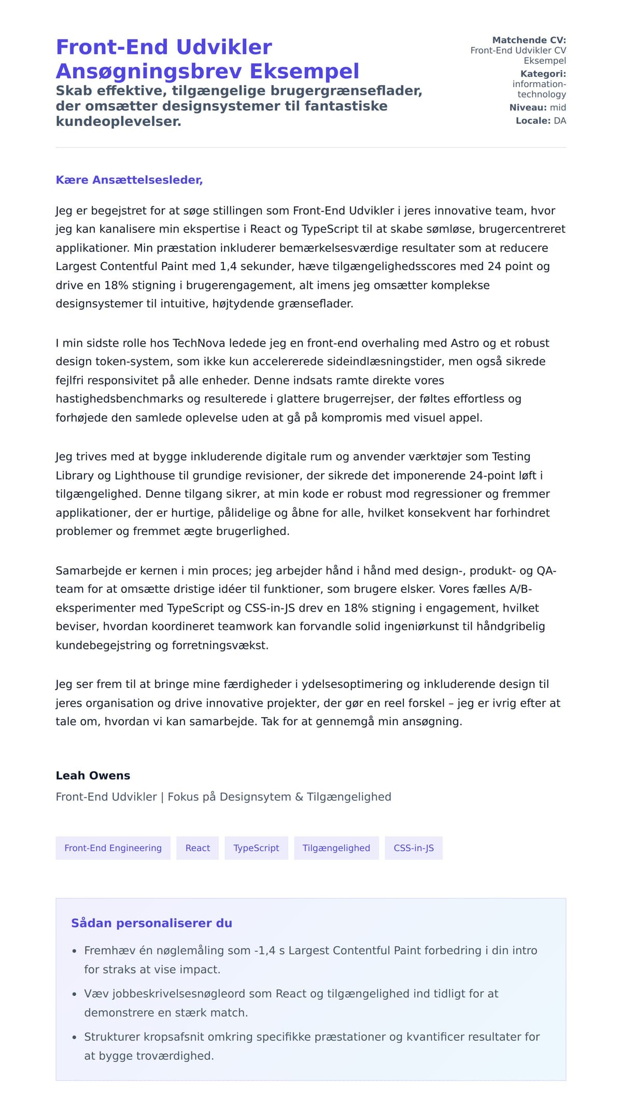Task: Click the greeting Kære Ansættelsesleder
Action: tap(129, 180)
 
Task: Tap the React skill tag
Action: tap(197, 848)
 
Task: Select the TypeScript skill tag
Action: tap(256, 848)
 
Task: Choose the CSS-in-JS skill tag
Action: tap(414, 848)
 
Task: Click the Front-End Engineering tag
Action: tap(113, 848)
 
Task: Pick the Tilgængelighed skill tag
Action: tap(336, 848)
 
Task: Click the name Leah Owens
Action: tap(93, 775)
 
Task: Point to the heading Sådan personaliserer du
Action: tap(151, 923)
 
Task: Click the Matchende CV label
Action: tap(529, 40)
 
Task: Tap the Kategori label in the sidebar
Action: tap(543, 74)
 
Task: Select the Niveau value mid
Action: tap(558, 107)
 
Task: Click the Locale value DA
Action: tap(560, 121)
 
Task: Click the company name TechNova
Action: tap(196, 343)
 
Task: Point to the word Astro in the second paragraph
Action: tap(465, 343)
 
